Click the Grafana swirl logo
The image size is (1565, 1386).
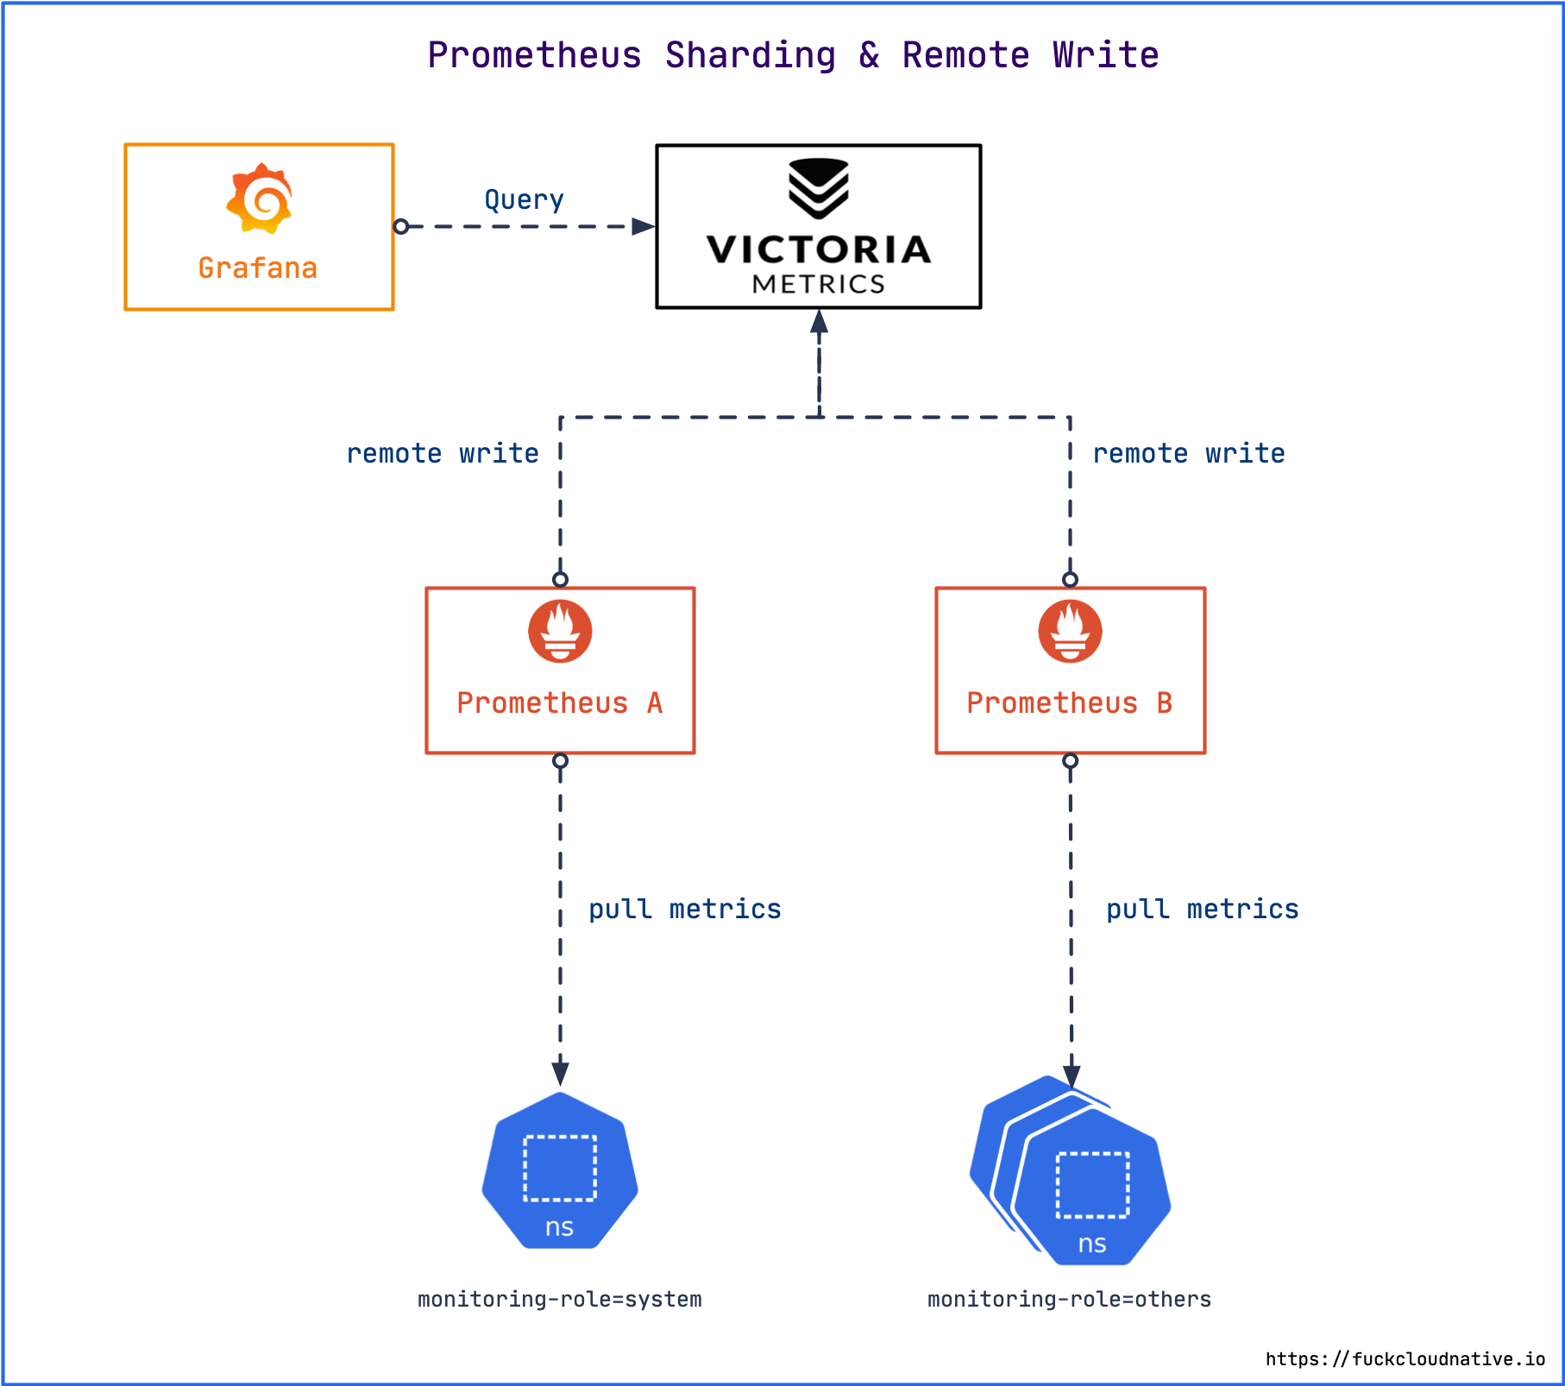pyautogui.click(x=260, y=198)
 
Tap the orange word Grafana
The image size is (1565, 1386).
pyautogui.click(x=258, y=268)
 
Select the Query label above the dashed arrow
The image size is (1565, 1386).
pyautogui.click(x=525, y=200)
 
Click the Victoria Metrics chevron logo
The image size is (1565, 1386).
pyautogui.click(x=819, y=188)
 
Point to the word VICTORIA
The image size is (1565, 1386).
pyautogui.click(x=819, y=249)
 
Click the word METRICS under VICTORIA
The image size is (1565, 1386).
pyautogui.click(x=819, y=284)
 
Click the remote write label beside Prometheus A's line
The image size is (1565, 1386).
pyautogui.click(x=443, y=453)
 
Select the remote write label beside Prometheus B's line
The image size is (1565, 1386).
pyautogui.click(x=1189, y=453)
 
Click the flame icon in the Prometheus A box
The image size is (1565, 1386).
pyautogui.click(x=560, y=631)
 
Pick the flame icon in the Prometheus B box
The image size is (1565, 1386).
pyautogui.click(x=1070, y=631)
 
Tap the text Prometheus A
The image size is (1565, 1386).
pyautogui.click(x=560, y=703)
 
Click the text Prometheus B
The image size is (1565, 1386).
pyautogui.click(x=1070, y=703)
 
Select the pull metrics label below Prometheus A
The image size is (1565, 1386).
pyautogui.click(x=685, y=909)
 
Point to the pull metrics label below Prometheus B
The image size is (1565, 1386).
pyautogui.click(x=1203, y=909)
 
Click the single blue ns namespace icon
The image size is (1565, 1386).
pyautogui.click(x=560, y=1170)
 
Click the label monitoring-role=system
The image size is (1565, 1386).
pyautogui.click(x=560, y=1299)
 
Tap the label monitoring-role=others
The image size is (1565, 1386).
pyautogui.click(x=1070, y=1299)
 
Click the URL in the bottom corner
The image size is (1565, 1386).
pyautogui.click(x=1405, y=1359)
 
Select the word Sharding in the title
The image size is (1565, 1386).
pyautogui.click(x=751, y=55)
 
